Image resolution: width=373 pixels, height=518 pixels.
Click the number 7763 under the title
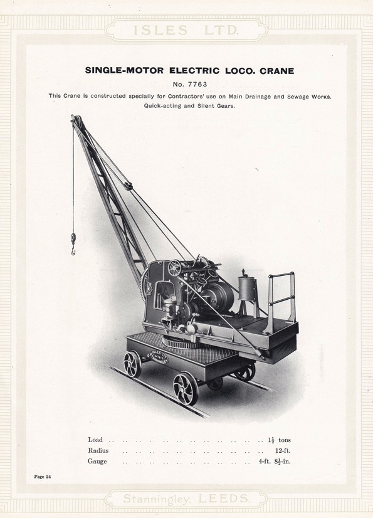point(190,83)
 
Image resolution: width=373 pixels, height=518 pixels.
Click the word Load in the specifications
point(95,440)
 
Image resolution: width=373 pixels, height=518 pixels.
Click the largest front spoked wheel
point(185,388)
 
